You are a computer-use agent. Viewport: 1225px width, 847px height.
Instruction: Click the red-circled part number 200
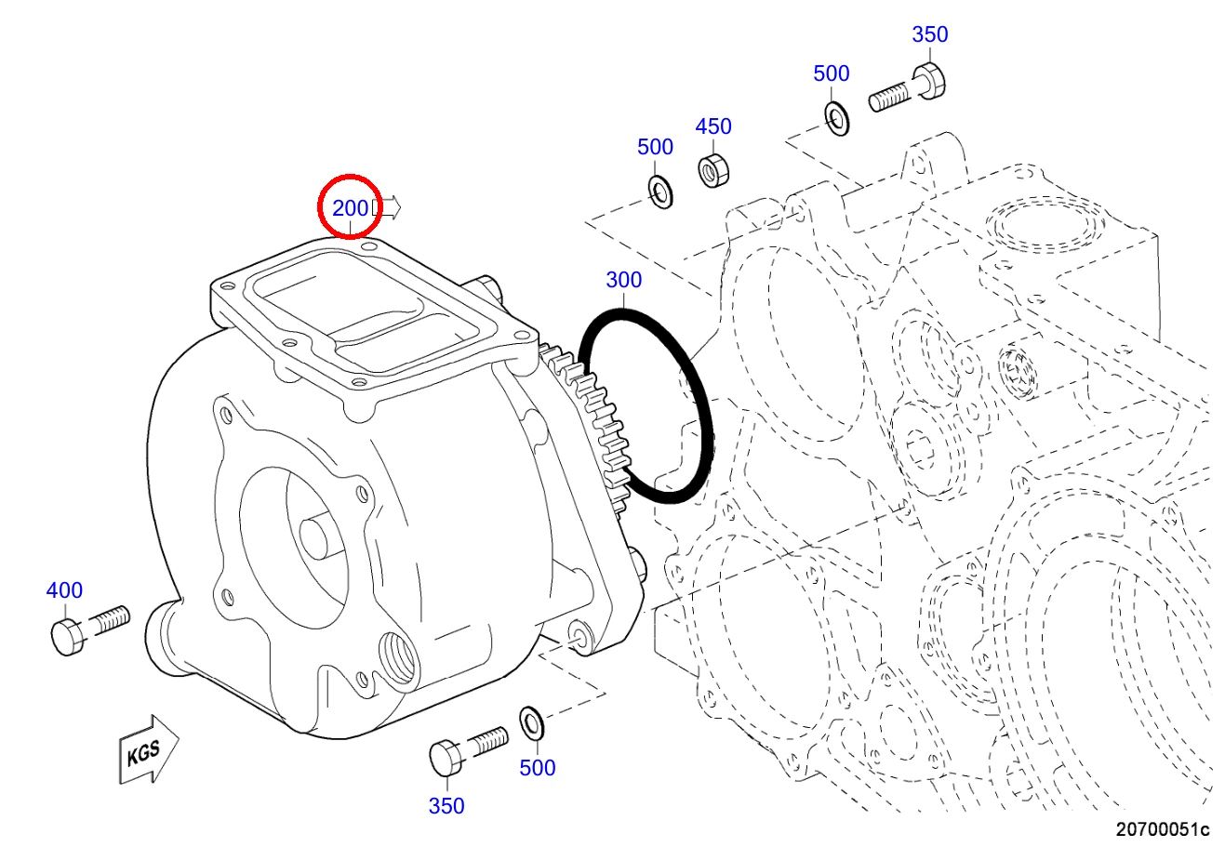tap(350, 207)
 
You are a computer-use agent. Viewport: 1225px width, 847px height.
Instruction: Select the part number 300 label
tap(623, 280)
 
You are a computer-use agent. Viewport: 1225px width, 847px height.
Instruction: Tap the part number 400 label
tap(64, 590)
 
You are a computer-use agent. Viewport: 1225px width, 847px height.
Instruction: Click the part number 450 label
tap(713, 126)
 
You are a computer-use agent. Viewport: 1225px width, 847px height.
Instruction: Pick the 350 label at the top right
tap(930, 34)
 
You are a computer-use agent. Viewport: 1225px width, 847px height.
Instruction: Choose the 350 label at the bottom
tap(446, 806)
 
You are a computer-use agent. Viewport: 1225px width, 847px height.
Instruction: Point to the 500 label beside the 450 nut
tap(655, 147)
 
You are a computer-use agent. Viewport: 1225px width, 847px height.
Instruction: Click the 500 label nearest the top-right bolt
tap(832, 73)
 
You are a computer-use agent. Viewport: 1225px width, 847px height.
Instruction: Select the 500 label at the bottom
tap(537, 768)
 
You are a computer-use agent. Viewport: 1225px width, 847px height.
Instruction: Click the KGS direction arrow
tap(148, 749)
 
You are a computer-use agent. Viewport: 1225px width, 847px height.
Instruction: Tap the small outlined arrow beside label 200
tap(386, 207)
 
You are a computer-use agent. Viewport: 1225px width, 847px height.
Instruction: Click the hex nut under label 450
tap(713, 170)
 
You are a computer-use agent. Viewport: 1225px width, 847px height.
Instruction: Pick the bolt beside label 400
tap(90, 629)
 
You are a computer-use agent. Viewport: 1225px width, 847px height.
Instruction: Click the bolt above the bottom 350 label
tap(469, 750)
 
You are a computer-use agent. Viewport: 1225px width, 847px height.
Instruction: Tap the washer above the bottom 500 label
tap(531, 722)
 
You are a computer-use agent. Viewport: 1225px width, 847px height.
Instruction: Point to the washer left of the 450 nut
tap(660, 192)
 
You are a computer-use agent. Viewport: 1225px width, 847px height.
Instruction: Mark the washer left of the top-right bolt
tap(837, 119)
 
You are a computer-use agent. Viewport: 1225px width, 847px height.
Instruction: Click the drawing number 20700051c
tap(1163, 829)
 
